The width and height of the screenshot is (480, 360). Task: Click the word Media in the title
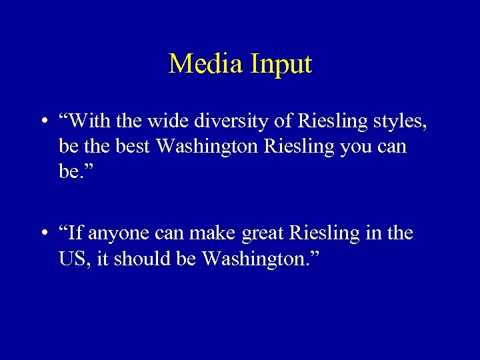[206, 65]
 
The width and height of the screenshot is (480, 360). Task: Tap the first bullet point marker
[43, 123]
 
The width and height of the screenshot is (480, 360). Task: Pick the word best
[131, 145]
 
